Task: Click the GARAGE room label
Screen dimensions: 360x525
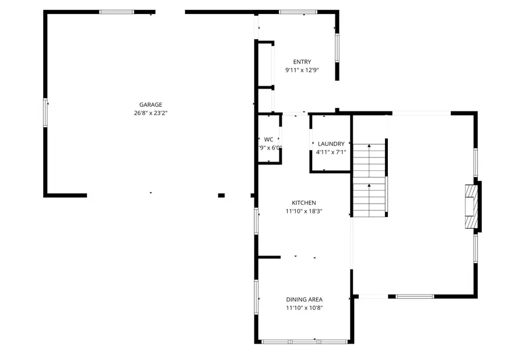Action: click(x=150, y=105)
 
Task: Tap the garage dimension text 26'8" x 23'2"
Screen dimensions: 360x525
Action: click(x=150, y=113)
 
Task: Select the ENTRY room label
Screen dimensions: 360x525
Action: click(x=302, y=62)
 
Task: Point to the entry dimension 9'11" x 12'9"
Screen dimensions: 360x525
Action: click(x=302, y=70)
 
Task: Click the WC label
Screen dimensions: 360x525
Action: click(x=268, y=139)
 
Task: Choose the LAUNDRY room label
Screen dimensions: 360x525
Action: click(x=331, y=144)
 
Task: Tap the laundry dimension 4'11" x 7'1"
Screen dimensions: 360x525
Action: click(x=331, y=152)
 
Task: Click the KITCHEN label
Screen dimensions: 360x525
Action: click(x=304, y=203)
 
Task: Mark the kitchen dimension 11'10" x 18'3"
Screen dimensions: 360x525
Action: click(x=304, y=211)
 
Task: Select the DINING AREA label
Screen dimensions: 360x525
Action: click(x=304, y=299)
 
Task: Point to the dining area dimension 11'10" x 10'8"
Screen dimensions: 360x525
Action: click(x=304, y=307)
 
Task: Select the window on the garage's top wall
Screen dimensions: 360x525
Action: click(x=117, y=12)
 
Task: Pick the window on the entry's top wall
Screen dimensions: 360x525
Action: click(x=297, y=12)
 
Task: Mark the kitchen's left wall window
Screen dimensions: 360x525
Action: click(x=256, y=221)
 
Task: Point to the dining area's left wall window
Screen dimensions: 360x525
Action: click(x=256, y=297)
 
